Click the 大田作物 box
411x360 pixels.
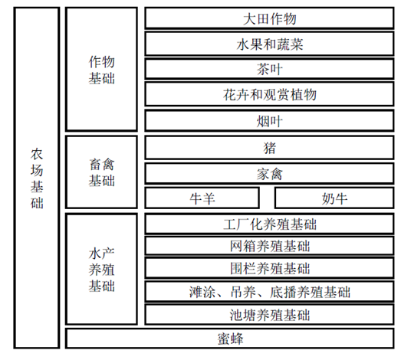click(269, 18)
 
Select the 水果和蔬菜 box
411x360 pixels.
click(269, 44)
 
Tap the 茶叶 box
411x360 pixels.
click(269, 69)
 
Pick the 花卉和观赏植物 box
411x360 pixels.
click(269, 94)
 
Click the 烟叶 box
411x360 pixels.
click(269, 121)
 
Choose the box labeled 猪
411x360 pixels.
click(269, 148)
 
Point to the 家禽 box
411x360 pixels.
click(269, 174)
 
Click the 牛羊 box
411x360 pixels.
click(202, 198)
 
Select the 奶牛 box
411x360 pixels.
click(334, 198)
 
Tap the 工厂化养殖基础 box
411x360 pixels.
click(269, 224)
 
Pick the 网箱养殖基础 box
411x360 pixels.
click(269, 246)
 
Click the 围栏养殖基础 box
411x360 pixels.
click(269, 268)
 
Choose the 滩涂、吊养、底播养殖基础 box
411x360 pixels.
click(269, 291)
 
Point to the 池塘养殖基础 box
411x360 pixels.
click(269, 315)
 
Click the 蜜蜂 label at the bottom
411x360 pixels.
click(230, 339)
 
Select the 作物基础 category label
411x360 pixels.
click(102, 70)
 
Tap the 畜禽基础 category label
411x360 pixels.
click(102, 172)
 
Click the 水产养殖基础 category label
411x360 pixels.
click(102, 270)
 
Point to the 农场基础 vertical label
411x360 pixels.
click(37, 178)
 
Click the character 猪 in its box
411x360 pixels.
click(269, 148)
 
